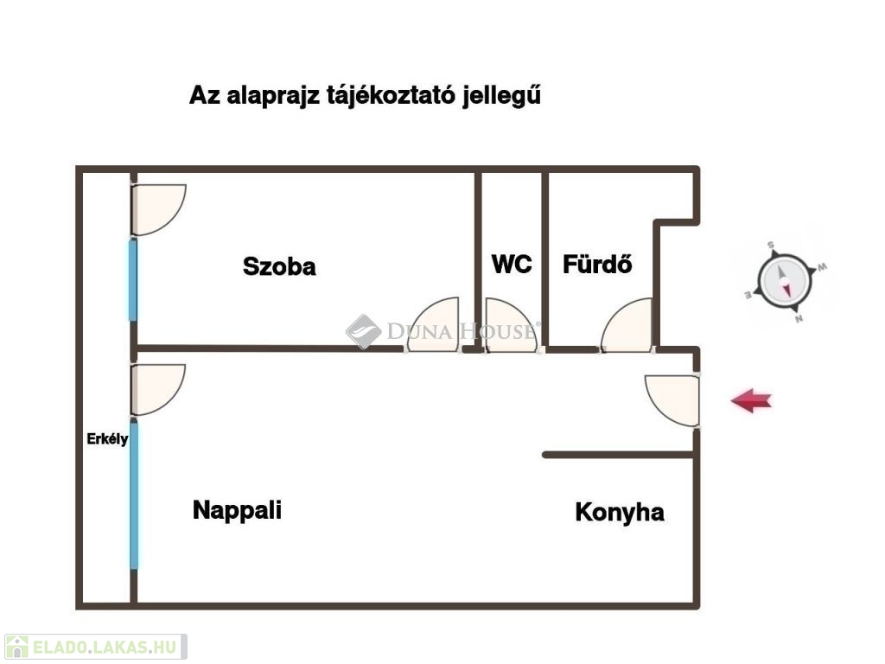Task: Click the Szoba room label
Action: coord(279,266)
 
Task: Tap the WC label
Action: coord(512,264)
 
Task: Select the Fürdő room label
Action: coord(597,264)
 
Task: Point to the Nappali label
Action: coord(237,509)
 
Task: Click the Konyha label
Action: coord(620,512)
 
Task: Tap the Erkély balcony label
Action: coord(107,439)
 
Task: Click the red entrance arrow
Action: coord(751,400)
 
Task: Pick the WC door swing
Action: coord(510,327)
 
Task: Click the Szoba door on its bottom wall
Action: coord(434,327)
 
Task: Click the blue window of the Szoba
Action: coord(133,279)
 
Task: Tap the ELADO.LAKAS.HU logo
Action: coord(95,647)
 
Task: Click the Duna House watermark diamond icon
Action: coord(363,331)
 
